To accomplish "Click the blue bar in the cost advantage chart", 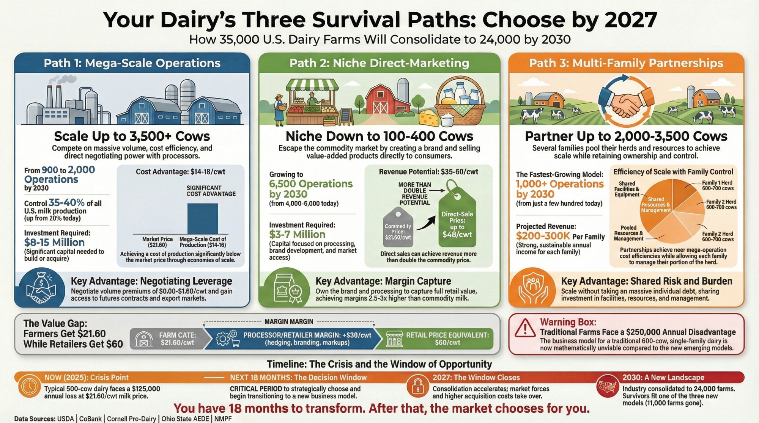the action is (203, 219).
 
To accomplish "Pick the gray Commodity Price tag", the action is (398, 227).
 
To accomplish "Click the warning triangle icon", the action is (525, 328).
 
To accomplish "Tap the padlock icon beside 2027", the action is (418, 386).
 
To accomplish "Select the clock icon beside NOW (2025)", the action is (29, 386).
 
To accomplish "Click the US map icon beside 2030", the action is (607, 386).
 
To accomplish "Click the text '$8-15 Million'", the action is (54, 243).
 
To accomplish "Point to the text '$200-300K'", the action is (543, 236).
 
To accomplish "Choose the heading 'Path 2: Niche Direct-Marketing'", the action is (379, 63).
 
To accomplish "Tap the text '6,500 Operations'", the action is (311, 184).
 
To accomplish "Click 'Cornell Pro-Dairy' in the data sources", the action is (131, 419).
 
